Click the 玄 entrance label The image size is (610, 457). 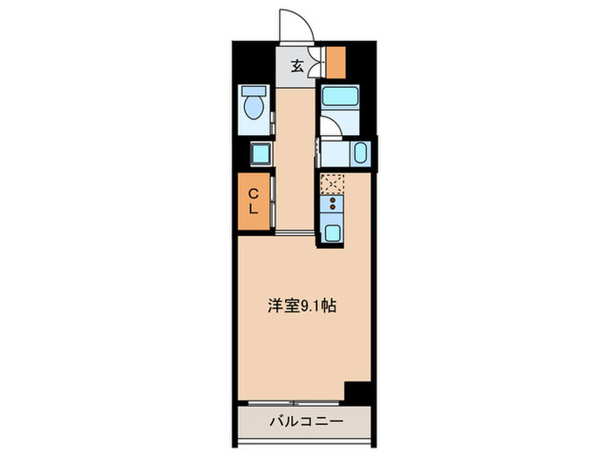(x=297, y=65)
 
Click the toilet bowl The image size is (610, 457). (x=254, y=109)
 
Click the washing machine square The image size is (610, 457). (x=260, y=154)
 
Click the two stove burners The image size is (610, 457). (x=332, y=206)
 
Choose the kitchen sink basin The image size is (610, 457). (x=332, y=232)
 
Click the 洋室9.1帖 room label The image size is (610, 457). (x=301, y=306)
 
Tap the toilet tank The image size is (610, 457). (x=254, y=91)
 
